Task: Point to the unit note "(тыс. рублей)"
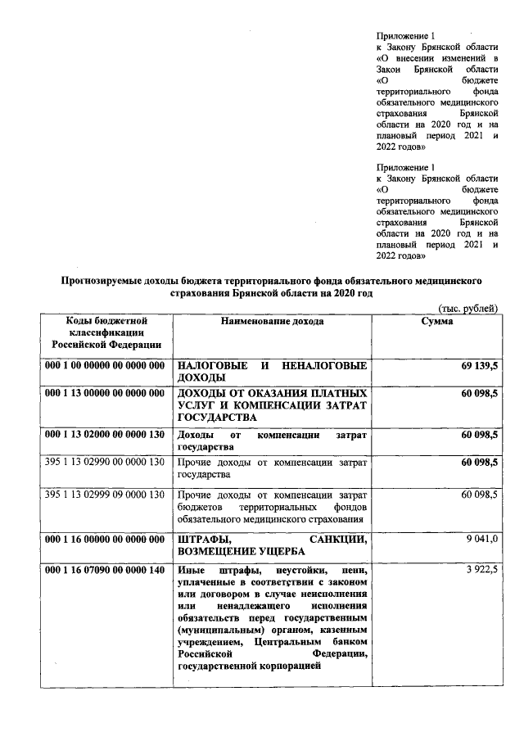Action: click(x=463, y=308)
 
